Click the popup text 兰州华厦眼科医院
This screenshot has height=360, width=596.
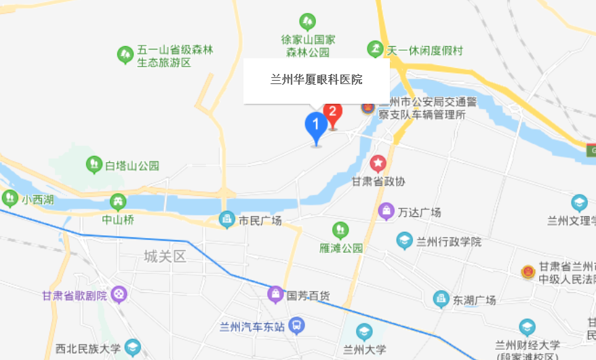click(316, 80)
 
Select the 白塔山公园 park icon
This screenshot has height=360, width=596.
click(94, 165)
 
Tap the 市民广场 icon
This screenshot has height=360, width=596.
click(226, 220)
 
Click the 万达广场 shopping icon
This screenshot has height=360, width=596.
click(386, 212)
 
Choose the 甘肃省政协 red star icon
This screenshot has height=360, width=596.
click(378, 163)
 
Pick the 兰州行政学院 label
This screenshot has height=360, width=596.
click(449, 241)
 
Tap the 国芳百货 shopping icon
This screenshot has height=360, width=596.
click(275, 295)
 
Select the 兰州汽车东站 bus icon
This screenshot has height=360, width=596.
click(296, 326)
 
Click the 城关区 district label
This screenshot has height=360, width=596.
click(165, 256)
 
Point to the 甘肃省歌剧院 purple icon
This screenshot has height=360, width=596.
click(119, 295)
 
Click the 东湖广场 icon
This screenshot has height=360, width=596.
click(441, 299)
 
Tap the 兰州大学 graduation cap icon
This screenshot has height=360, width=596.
click(365, 332)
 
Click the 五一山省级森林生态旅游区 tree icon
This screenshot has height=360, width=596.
click(125, 54)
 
